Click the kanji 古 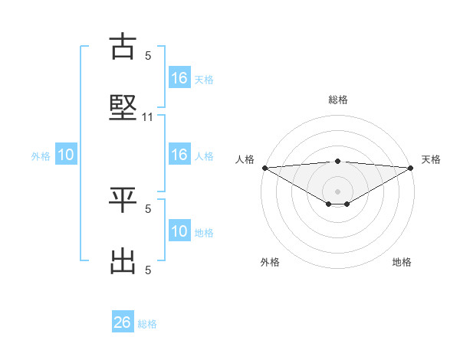123,47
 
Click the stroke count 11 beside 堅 148,117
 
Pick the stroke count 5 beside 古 148,55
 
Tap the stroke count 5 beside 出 148,270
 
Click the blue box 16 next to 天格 179,78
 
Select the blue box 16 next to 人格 179,155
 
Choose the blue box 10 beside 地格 179,231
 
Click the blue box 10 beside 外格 66,155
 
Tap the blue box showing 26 123,322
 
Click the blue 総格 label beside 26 147,324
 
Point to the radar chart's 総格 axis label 338,100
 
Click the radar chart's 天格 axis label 431,159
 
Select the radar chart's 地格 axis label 402,262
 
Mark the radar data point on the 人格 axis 264,167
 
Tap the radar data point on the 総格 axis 338,161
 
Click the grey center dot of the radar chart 338,191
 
